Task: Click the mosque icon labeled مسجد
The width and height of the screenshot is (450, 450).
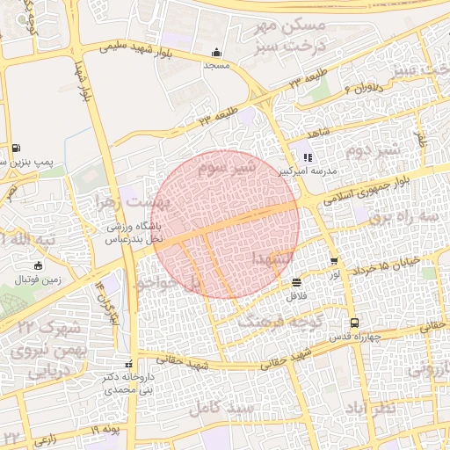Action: (217, 52)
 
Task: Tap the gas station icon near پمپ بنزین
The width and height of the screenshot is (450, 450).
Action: (17, 148)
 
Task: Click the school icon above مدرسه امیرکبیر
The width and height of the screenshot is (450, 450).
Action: (308, 158)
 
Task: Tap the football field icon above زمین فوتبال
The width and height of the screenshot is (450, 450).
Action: (37, 265)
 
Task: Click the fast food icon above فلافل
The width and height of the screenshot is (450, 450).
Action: (296, 283)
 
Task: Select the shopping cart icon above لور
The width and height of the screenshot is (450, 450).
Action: (334, 261)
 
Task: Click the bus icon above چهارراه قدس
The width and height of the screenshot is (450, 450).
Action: (353, 323)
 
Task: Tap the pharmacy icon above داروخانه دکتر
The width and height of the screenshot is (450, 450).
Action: (129, 364)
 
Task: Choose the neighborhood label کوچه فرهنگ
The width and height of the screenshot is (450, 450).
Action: (269, 322)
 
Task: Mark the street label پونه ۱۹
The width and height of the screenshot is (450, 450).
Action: (103, 428)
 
